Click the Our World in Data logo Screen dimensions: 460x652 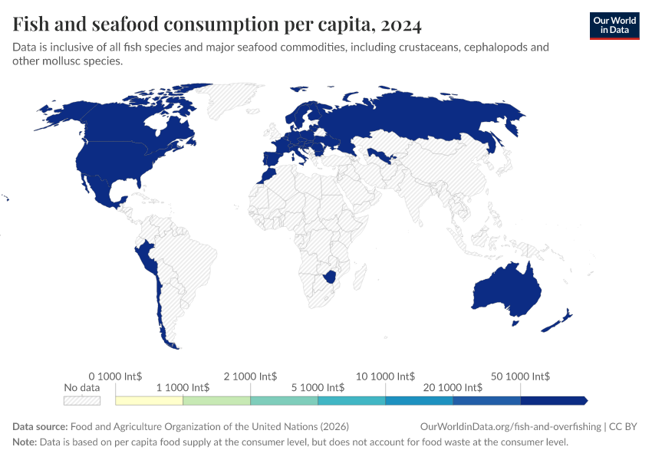point(614,25)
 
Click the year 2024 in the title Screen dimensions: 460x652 point(399,25)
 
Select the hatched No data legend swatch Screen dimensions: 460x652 point(81,400)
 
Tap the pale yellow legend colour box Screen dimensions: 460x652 point(149,400)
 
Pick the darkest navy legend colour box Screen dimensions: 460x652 point(552,400)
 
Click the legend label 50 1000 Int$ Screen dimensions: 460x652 point(520,376)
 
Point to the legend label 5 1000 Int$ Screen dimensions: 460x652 point(318,388)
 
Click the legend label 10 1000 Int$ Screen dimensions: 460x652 point(385,376)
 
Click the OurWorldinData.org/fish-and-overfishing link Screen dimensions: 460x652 point(511,427)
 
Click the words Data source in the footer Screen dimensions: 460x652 point(40,427)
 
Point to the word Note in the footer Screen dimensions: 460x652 point(25,442)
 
